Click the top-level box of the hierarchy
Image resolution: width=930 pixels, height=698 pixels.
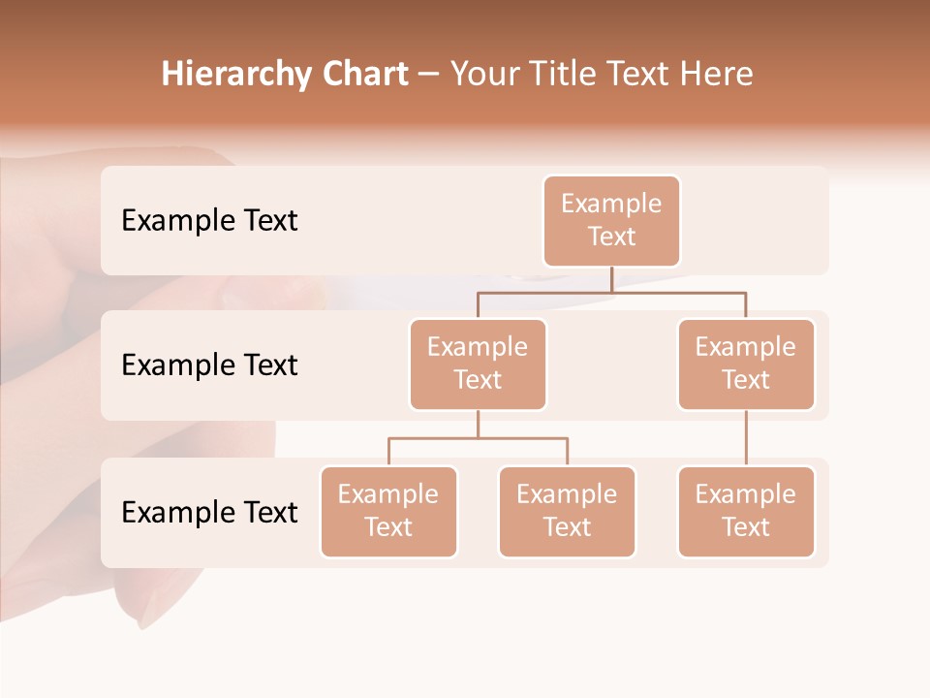611,220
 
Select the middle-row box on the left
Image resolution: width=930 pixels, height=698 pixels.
478,364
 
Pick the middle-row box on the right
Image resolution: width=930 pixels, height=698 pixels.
746,364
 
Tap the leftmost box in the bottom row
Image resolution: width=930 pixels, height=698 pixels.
388,511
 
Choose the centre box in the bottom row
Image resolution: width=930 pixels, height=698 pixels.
567,511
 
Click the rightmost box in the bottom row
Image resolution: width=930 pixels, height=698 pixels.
746,511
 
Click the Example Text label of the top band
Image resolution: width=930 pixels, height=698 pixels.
209,221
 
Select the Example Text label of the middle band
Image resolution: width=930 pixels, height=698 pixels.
209,365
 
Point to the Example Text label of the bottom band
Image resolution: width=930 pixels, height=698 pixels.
209,512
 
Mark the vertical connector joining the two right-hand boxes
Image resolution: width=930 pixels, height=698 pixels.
746,437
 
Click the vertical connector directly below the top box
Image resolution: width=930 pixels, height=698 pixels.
611,278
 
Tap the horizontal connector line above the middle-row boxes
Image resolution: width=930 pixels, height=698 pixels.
611,291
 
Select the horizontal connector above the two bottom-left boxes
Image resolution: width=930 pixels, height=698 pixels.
478,438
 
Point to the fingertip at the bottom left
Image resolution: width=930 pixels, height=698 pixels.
136,601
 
